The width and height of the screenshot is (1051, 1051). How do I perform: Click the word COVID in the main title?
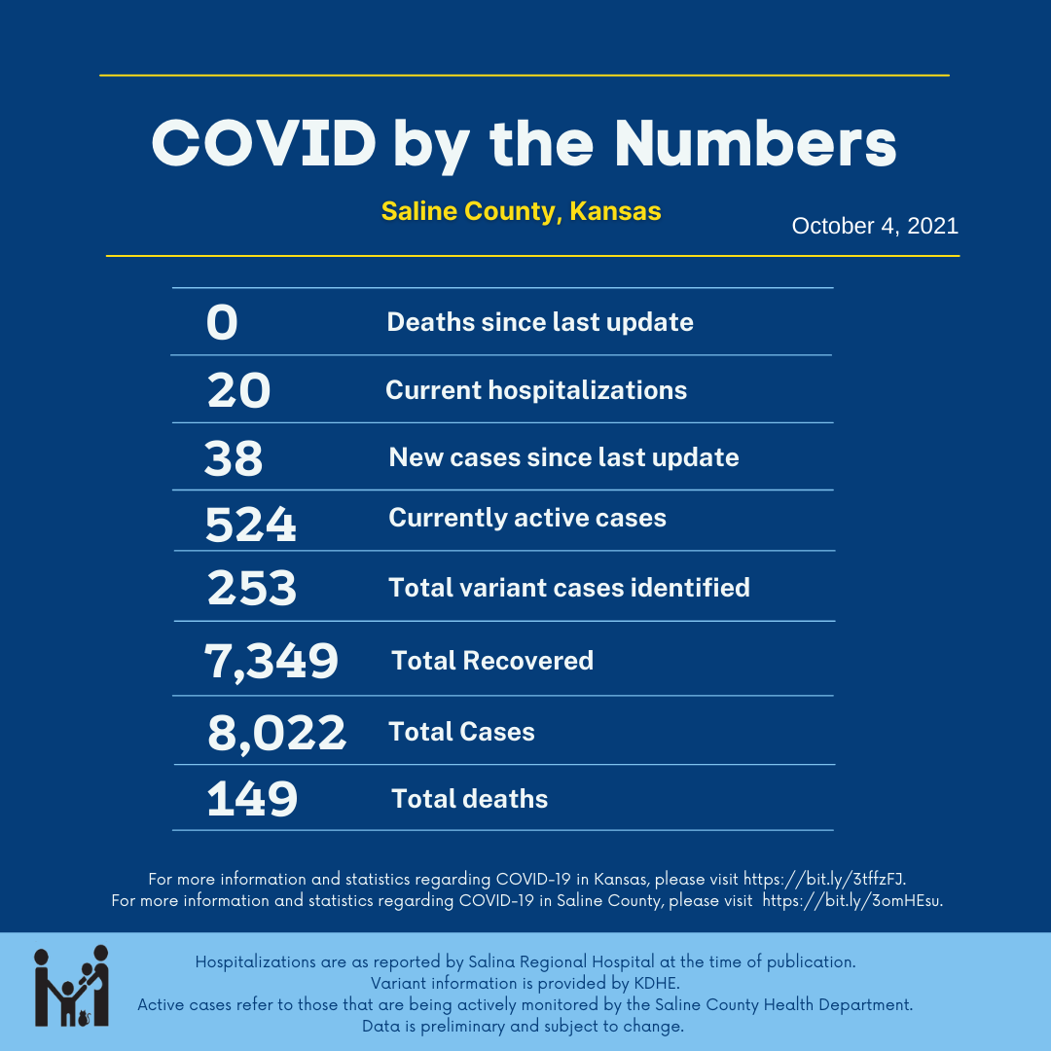pos(264,145)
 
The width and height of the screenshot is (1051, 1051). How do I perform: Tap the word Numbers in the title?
pos(755,145)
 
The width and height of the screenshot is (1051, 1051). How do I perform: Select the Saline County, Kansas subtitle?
pos(521,211)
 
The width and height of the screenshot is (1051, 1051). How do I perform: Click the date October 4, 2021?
pos(875,227)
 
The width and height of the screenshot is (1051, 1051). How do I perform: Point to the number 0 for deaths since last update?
pos(222,323)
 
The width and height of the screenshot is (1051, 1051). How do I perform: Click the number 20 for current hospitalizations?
pos(238,391)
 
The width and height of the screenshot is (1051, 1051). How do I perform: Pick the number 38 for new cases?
pos(234,458)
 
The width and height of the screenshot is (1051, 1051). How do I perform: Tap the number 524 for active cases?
pos(250,525)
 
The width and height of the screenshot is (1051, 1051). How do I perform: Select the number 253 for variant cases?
pos(251,588)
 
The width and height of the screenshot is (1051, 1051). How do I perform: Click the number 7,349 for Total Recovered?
pos(272,661)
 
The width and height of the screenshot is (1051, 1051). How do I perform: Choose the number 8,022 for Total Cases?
pos(276,733)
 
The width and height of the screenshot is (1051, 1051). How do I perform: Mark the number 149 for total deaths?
pos(252,799)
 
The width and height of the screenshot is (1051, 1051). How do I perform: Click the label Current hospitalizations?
pos(536,390)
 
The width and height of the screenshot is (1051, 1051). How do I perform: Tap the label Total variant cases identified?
pos(569,588)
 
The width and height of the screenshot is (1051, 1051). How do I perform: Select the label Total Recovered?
pos(492,661)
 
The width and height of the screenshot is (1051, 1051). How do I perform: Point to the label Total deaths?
pos(470,799)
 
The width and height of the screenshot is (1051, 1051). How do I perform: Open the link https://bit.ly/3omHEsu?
pos(852,901)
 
